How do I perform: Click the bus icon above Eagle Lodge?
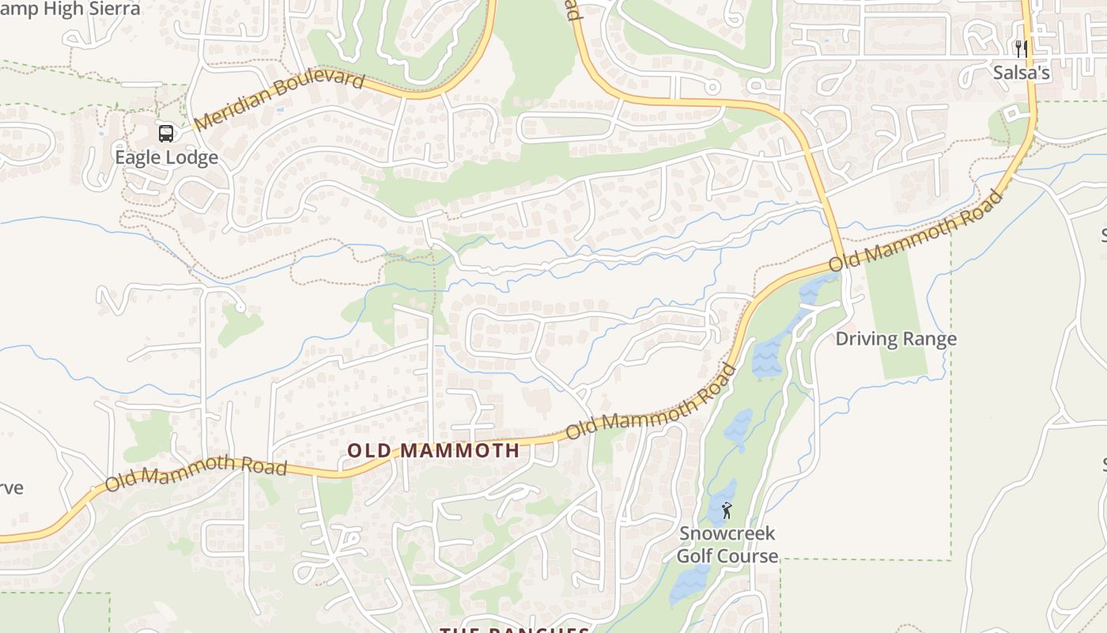click(166, 134)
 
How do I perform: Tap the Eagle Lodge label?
click(166, 157)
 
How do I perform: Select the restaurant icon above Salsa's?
click(1021, 49)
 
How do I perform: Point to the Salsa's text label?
click(1021, 73)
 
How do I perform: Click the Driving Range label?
click(896, 339)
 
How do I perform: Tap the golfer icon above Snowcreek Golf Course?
click(727, 510)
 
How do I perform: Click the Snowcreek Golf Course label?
click(727, 545)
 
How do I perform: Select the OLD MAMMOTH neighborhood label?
click(433, 451)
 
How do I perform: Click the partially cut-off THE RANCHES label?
click(514, 629)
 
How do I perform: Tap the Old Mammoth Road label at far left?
click(195, 472)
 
